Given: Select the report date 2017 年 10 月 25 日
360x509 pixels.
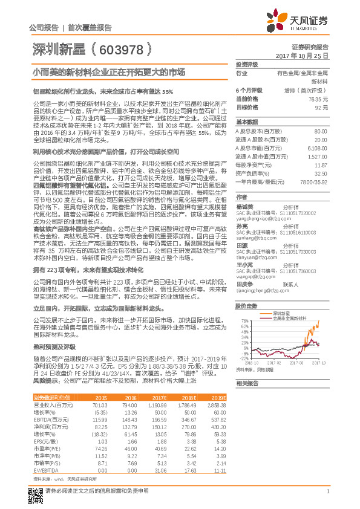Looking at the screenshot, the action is point(303,55).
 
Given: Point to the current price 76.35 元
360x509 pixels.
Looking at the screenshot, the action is point(318,98).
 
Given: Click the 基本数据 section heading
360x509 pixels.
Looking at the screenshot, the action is point(246,122).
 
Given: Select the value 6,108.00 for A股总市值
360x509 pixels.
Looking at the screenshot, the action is point(318,148).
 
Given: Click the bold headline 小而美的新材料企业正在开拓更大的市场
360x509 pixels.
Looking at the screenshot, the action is point(109,71).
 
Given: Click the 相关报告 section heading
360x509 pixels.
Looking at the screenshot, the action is point(246,383).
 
